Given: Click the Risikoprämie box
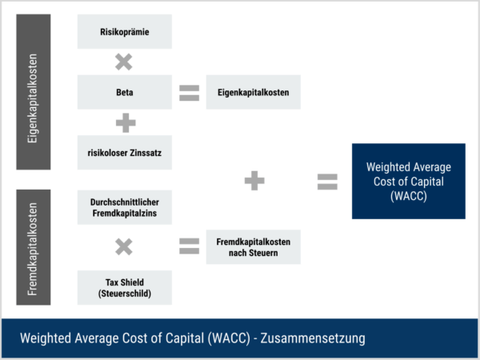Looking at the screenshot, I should coord(124,32).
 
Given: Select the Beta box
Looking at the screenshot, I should coord(124,93).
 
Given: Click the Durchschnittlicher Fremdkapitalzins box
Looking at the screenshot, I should coord(124,209).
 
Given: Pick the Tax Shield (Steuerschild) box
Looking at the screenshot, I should coord(124,287).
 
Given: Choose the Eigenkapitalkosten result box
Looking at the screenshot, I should coord(253,93).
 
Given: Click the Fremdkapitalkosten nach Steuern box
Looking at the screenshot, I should coord(253,248).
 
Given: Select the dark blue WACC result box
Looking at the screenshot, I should coord(408,181).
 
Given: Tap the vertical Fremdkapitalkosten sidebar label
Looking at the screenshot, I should coord(34,247).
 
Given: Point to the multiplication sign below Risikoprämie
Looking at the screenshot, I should coord(124,62).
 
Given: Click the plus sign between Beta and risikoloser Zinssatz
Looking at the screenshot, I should coord(124,122).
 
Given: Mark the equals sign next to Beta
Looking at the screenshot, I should coord(189,93).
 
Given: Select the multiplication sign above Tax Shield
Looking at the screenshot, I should coord(124,247).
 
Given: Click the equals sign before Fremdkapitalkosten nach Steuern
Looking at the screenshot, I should coord(189,247).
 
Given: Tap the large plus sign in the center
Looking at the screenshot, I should coord(254,181).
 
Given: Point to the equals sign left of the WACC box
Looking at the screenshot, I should coord(327,181).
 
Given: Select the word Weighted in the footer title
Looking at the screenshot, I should coord(47,338).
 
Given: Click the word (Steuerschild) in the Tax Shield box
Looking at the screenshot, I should coord(124,294).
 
